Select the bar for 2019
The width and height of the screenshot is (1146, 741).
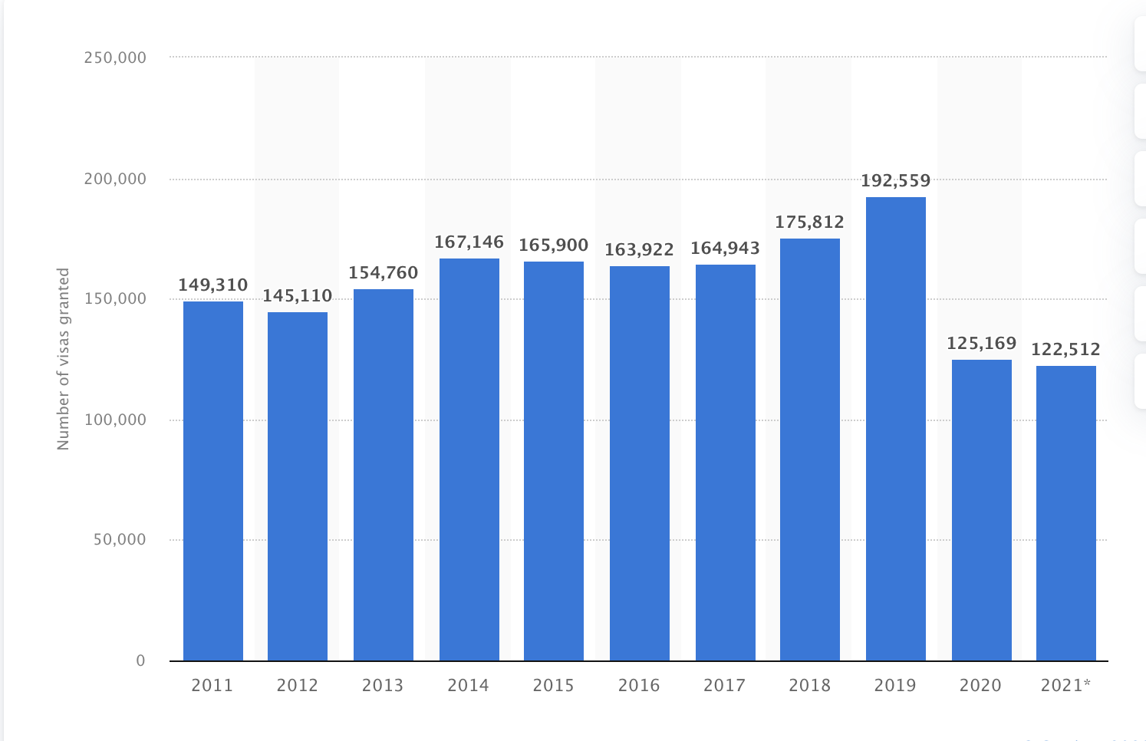tap(895, 429)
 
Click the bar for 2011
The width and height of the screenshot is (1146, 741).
tap(213, 481)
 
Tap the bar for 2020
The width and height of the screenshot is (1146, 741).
tap(981, 510)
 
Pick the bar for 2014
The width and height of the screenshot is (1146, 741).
tap(469, 459)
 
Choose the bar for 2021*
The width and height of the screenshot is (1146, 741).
tap(1065, 513)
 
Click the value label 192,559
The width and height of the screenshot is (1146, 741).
tap(895, 181)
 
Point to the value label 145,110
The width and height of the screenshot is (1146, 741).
tap(298, 296)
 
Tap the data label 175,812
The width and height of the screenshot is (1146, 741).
tap(809, 222)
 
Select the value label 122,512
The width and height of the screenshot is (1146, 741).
tap(1065, 350)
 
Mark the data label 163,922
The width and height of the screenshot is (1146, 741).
tap(639, 250)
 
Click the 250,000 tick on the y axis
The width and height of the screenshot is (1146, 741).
tap(115, 58)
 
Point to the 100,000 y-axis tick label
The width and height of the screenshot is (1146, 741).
tap(115, 420)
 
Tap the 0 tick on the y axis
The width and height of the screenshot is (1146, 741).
tap(140, 661)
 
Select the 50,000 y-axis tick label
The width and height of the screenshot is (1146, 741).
tap(120, 540)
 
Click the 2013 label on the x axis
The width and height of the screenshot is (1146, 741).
tap(383, 686)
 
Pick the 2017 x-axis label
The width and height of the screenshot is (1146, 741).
tap(724, 686)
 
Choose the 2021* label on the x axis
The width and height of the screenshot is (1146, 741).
tap(1065, 686)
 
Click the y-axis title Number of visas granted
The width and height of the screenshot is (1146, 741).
tap(64, 359)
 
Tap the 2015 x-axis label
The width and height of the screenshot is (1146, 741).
tap(553, 686)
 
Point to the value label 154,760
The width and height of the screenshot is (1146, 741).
tap(383, 273)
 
